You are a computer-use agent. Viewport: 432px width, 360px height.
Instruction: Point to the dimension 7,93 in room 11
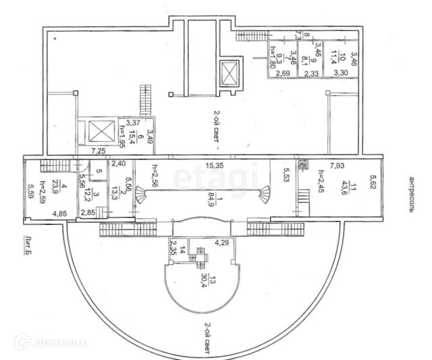pos(339,165)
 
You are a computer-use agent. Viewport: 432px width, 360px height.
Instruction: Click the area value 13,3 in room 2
pos(113,195)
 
